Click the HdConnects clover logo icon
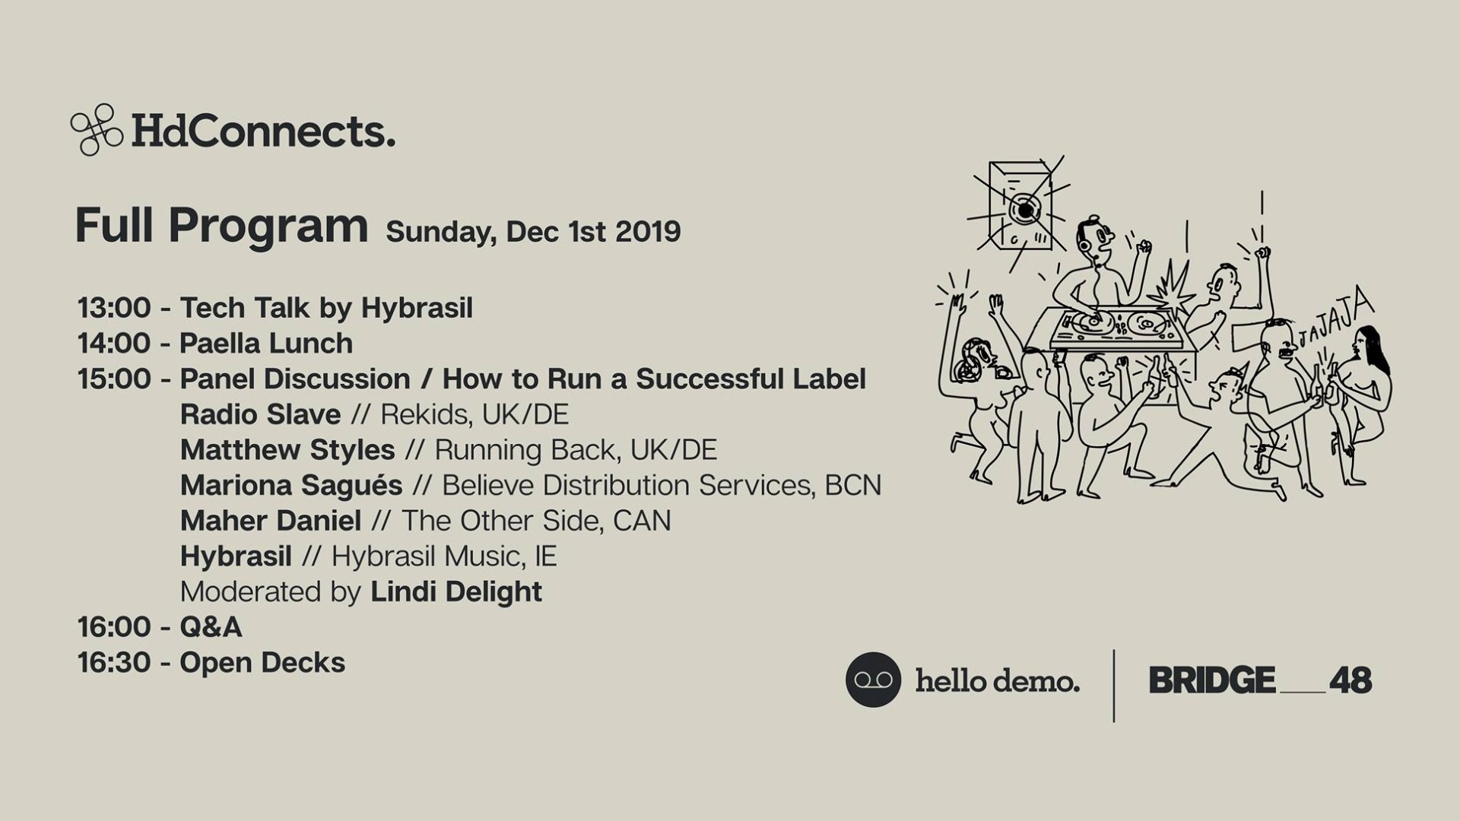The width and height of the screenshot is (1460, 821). (x=97, y=130)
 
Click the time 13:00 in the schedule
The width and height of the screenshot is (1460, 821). (x=114, y=309)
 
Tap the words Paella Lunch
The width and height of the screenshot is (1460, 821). (x=266, y=344)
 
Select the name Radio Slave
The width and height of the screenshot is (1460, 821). (x=260, y=415)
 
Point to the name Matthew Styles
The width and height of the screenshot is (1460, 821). (x=287, y=450)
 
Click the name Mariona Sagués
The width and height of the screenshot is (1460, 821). (x=291, y=486)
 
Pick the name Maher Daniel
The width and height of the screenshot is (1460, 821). (x=271, y=521)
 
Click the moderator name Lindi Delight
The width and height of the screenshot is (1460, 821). (x=456, y=592)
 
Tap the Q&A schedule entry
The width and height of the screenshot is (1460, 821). (x=211, y=628)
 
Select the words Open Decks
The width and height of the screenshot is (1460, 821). (x=262, y=663)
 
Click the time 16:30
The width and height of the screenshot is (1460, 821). (x=114, y=663)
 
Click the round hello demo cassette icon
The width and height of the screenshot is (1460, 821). (x=873, y=680)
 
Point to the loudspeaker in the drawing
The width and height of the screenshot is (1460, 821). (x=1020, y=205)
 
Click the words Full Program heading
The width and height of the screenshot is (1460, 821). (x=221, y=226)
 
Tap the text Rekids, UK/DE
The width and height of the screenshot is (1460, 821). (x=474, y=415)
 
